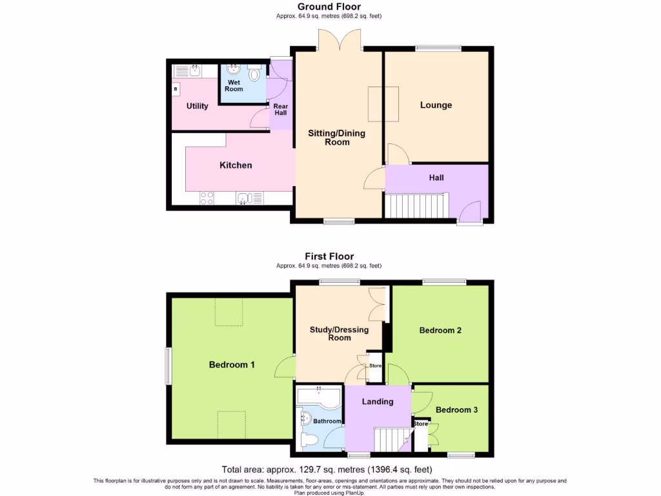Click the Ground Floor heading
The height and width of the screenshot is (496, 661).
pos(329,7)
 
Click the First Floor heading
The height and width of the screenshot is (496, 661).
pos(329,256)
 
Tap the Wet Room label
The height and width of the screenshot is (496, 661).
pos(234,85)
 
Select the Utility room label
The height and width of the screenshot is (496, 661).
pos(197,106)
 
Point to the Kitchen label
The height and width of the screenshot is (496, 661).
pos(236,165)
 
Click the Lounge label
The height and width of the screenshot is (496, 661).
pos(436,105)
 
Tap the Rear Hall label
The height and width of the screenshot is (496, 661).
pos(280,109)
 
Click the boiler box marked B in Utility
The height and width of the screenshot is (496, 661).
pos(175,88)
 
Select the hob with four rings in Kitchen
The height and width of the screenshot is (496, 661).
pos(207,199)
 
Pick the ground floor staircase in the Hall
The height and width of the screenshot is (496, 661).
pos(416,207)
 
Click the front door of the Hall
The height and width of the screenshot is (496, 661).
pos(471,213)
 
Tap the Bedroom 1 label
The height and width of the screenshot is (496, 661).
pos(232,365)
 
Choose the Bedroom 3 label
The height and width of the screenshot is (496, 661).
pos(456,409)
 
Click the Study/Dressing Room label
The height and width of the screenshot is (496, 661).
pos(339,333)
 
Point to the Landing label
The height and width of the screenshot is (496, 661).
pos(378,402)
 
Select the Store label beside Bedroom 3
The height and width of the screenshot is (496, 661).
pos(420,424)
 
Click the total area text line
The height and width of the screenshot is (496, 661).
pos(327,470)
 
